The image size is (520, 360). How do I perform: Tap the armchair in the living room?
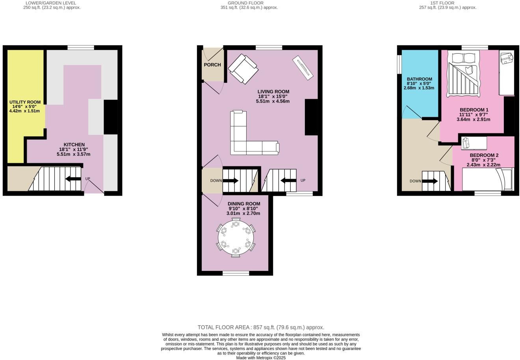(243, 69)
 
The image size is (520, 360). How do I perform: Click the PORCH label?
(212, 65)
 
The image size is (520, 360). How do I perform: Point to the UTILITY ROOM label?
(25, 103)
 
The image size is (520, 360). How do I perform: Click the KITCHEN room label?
(74, 145)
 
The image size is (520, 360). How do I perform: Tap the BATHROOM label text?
(419, 79)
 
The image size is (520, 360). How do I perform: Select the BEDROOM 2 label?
(484, 155)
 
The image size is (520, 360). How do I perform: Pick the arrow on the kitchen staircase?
(73, 179)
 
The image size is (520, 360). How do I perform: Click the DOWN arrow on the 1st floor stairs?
(430, 181)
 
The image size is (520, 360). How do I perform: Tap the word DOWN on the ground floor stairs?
(216, 181)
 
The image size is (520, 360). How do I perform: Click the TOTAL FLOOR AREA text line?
(261, 327)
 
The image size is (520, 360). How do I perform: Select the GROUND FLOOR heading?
(249, 3)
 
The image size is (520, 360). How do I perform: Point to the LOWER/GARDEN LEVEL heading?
(52, 3)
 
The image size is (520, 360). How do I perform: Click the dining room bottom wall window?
(236, 273)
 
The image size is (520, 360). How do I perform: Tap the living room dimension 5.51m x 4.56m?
(273, 101)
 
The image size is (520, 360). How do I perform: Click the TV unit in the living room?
(303, 67)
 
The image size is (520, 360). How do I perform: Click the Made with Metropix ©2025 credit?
(261, 358)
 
